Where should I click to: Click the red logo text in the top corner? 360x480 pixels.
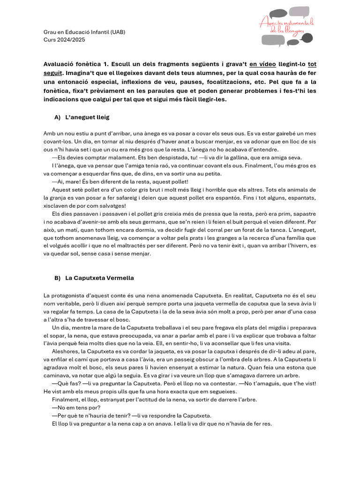(x=287, y=26)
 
